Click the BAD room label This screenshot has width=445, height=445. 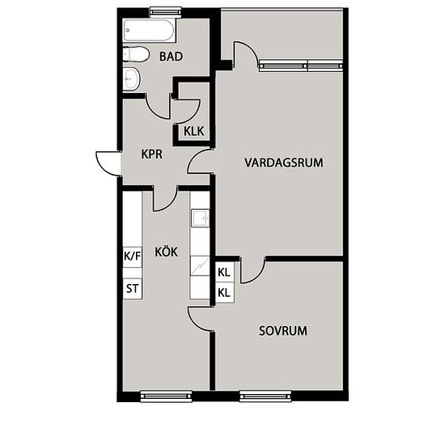(171, 57)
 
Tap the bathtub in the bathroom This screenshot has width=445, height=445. (150, 31)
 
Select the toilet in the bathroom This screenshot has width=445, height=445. (136, 54)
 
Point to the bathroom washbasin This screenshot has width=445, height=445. (132, 78)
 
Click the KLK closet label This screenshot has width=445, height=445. (194, 131)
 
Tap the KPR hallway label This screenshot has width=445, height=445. (152, 154)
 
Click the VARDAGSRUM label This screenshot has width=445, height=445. (284, 163)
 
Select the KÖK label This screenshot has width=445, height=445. (167, 252)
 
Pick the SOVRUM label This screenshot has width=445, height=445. (283, 331)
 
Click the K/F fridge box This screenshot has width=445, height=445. (132, 256)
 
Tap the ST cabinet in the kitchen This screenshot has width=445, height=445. (132, 289)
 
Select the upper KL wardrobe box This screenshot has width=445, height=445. (224, 272)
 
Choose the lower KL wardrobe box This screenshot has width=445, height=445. (224, 293)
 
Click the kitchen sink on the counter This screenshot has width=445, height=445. (201, 218)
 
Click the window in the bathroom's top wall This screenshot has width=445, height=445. (166, 12)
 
